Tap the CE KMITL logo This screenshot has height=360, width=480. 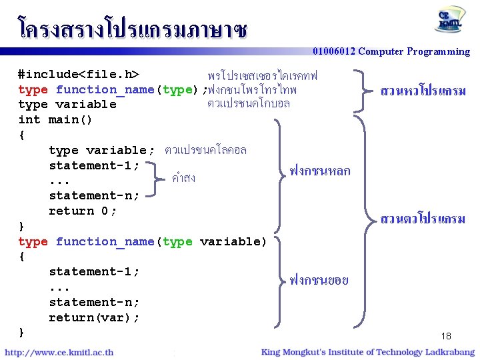[451, 21]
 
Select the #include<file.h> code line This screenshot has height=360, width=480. [78, 74]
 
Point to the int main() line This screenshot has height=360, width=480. [55, 120]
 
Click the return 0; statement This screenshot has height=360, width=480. [82, 211]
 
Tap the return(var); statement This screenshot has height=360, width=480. [94, 317]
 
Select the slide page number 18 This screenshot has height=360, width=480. [446, 336]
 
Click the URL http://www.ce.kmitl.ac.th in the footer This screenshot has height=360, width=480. [59, 352]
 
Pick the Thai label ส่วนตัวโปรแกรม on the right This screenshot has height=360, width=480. [423, 218]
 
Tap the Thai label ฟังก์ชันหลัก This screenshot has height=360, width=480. [320, 171]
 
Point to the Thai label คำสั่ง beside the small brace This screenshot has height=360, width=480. [183, 178]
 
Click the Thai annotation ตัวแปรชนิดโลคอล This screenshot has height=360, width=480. [205, 150]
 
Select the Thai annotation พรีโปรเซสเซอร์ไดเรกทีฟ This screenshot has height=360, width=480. [263, 74]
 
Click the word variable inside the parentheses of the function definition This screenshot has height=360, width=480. [233, 241]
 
